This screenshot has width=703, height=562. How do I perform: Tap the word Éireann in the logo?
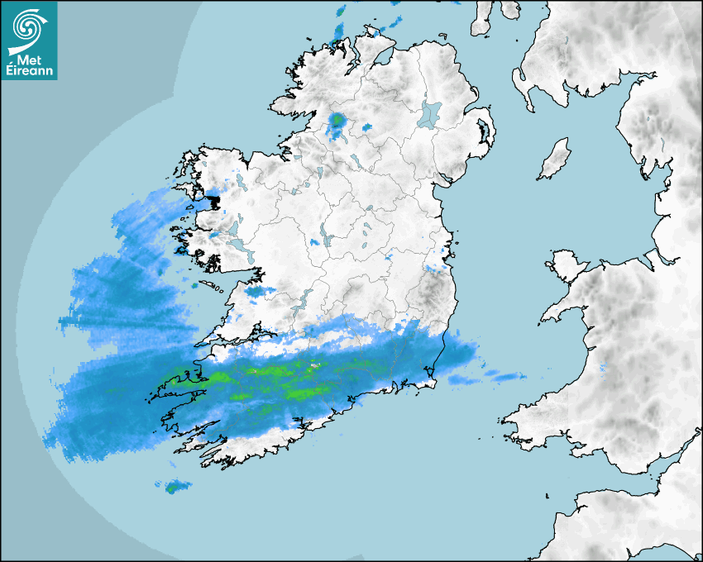pos(29,72)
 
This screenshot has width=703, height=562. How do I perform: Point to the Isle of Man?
pos(555,159)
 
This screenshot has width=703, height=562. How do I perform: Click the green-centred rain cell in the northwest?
pos(337,123)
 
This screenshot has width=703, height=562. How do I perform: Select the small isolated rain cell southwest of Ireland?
pos(175,487)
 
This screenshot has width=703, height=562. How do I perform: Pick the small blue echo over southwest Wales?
pos(602,367)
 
